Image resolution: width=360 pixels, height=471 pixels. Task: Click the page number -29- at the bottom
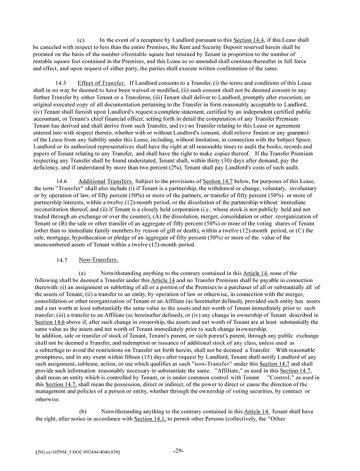point(180,452)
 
